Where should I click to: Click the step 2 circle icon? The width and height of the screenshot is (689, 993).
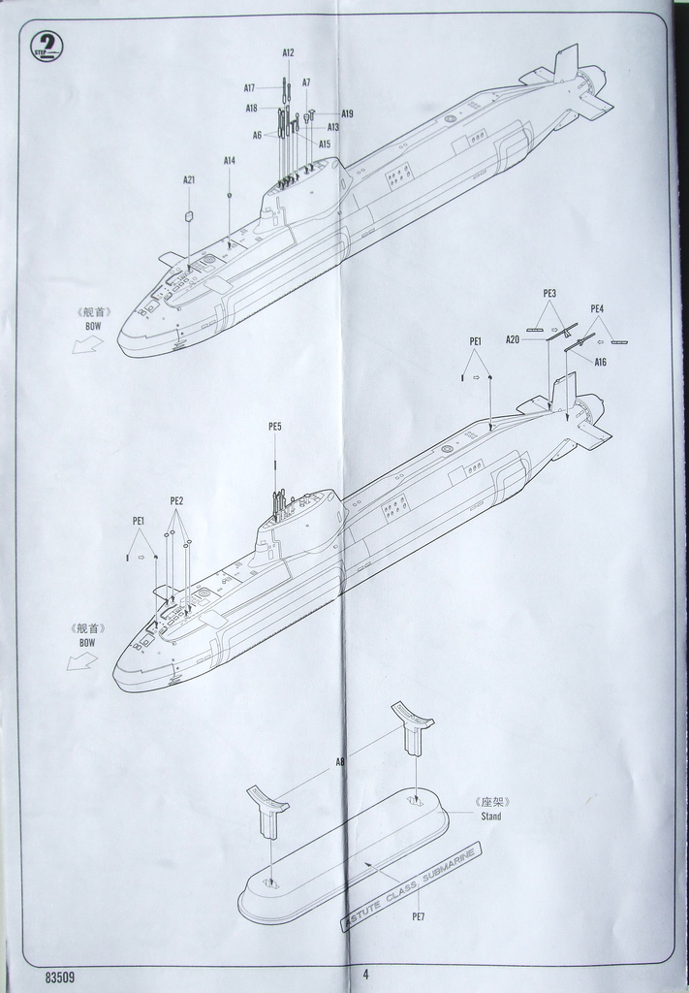click(x=46, y=46)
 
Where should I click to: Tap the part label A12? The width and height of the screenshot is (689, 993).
click(x=288, y=52)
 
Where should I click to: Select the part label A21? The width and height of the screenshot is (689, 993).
click(x=189, y=179)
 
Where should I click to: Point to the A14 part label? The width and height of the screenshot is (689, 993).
click(x=230, y=160)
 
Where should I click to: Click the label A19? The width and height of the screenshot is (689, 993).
click(x=347, y=113)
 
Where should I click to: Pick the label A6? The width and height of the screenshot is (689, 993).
click(x=258, y=135)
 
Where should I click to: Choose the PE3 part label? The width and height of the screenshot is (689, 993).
click(x=549, y=293)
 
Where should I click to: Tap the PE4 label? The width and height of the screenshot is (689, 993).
click(x=597, y=308)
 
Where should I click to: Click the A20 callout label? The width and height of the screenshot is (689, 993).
click(x=513, y=339)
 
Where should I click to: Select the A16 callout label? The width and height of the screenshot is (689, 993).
click(x=601, y=362)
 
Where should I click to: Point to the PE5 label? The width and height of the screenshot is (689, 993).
click(x=275, y=427)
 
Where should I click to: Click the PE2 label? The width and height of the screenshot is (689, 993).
click(x=176, y=501)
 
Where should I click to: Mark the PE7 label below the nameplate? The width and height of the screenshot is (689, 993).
click(x=419, y=916)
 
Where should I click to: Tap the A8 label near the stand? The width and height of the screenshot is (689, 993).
click(x=339, y=763)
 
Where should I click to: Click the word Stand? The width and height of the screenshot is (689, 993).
click(x=491, y=816)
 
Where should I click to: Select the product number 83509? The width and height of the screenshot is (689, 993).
click(x=60, y=977)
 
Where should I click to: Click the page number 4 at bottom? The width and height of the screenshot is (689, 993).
click(x=365, y=975)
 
